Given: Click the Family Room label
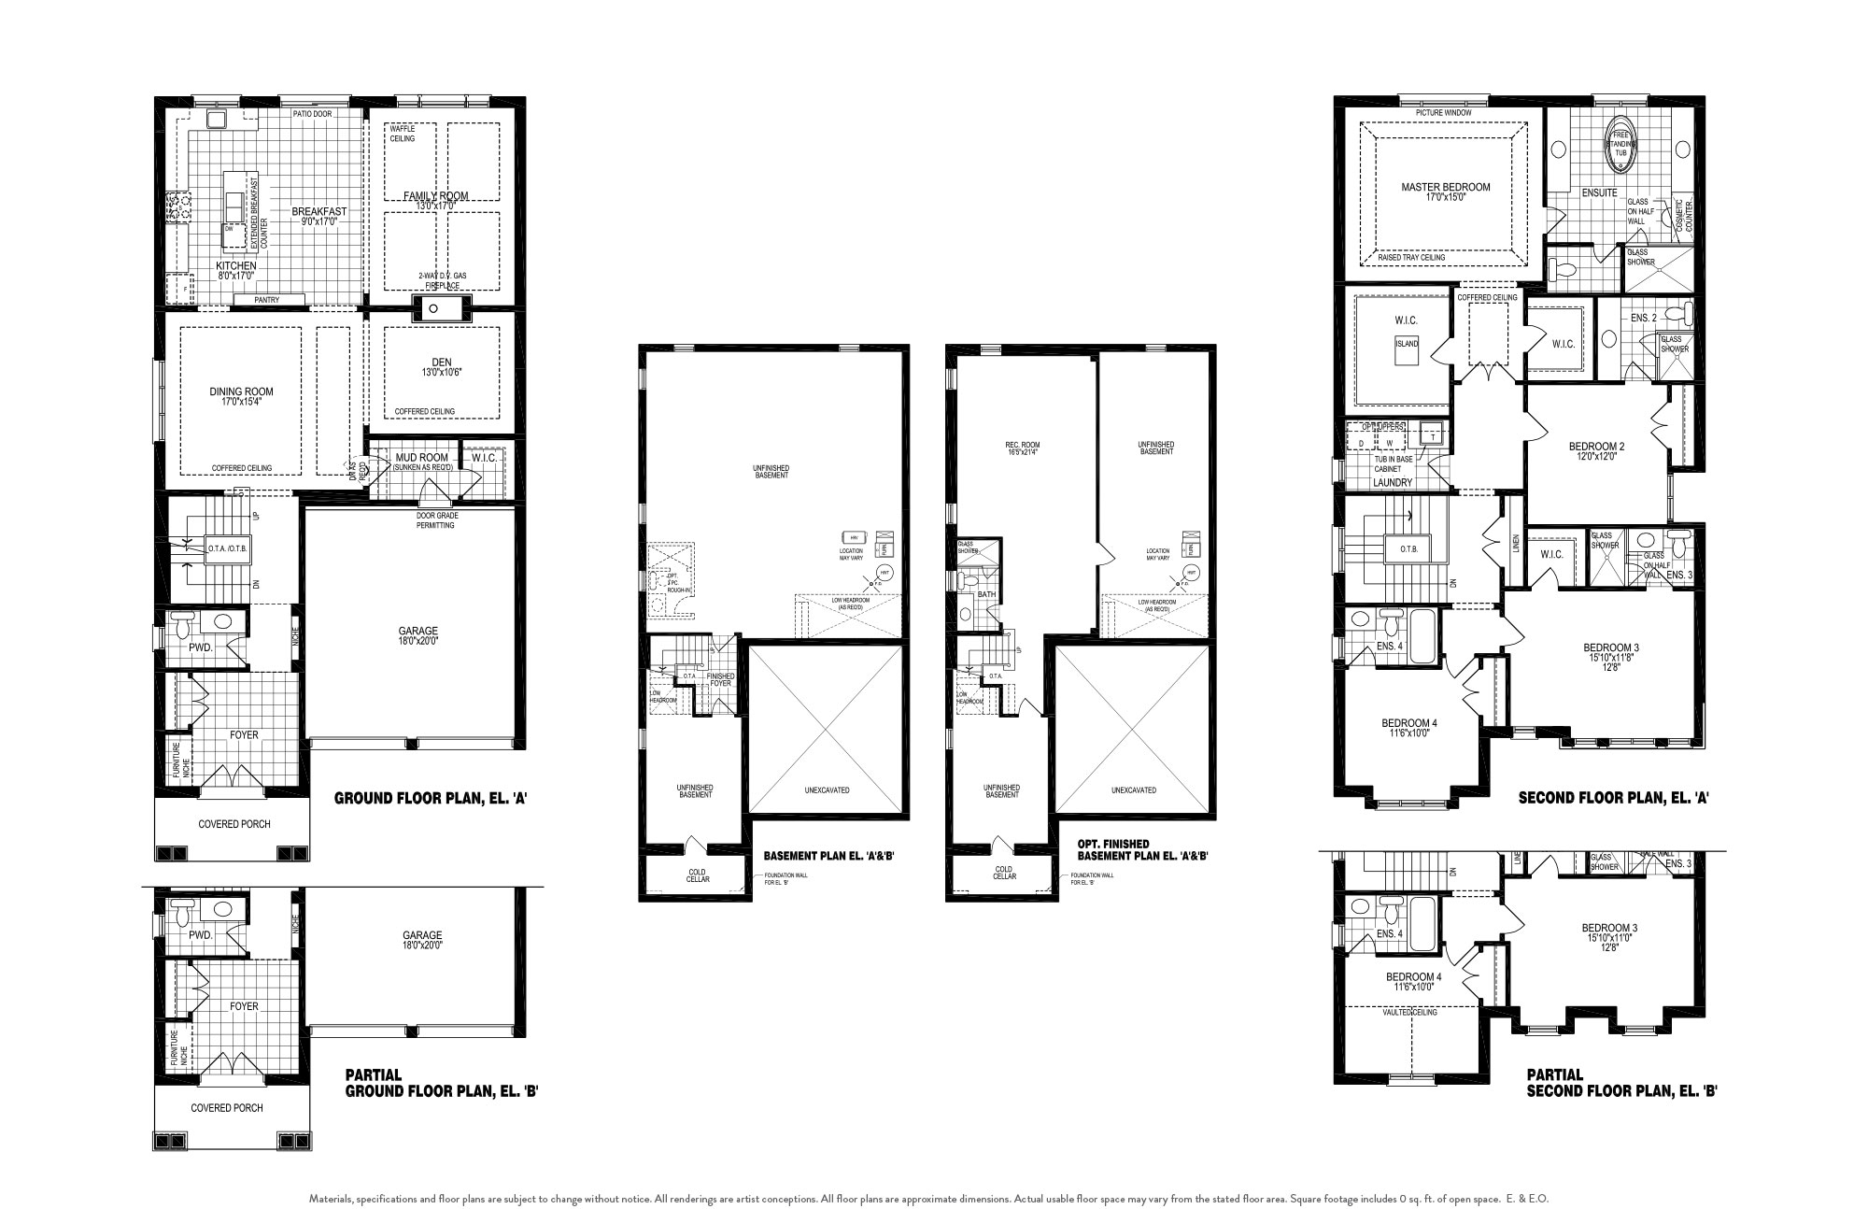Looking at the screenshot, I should coord(436,195).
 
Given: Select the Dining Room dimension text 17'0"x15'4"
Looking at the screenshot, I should coord(241,403).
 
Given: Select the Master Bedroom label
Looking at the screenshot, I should coord(1445,187).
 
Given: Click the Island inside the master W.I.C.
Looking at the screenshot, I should coord(1406,344).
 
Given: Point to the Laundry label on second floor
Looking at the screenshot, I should coord(1393,482).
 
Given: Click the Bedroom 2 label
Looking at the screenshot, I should coord(1596,446).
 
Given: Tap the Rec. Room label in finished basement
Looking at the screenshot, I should coord(1022,445).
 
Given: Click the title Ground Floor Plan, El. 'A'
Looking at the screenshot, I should coord(432,799).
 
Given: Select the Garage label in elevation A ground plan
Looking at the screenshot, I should coord(419,631).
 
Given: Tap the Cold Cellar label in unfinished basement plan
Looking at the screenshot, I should coord(697,875).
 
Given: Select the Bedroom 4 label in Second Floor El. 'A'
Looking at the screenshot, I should coord(1409,723).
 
